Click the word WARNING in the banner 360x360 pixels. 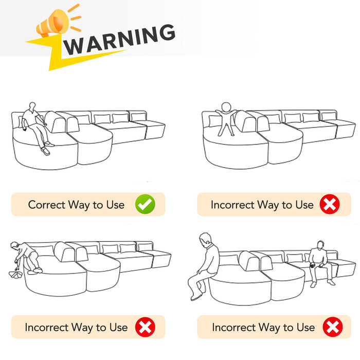pyautogui.click(x=119, y=40)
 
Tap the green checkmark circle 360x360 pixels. pyautogui.click(x=145, y=204)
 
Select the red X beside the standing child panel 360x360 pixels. pyautogui.click(x=330, y=204)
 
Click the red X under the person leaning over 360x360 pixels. pyautogui.click(x=145, y=327)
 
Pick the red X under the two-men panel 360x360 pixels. pyautogui.click(x=333, y=327)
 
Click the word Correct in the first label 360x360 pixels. pyautogui.click(x=47, y=205)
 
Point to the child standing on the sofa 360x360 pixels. pyautogui.click(x=226, y=119)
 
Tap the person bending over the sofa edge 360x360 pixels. pyautogui.click(x=26, y=258)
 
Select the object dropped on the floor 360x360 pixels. pyautogui.click(x=15, y=274)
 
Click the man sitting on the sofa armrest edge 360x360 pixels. pyautogui.click(x=204, y=266)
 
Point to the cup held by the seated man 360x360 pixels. pyautogui.click(x=313, y=266)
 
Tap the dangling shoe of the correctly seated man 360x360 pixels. pyautogui.click(x=45, y=151)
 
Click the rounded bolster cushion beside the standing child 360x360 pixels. pyautogui.click(x=246, y=121)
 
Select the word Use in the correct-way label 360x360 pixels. pyautogui.click(x=115, y=205)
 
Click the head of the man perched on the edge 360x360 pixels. pyautogui.click(x=206, y=239)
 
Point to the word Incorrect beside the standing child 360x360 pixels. pyautogui.click(x=232, y=205)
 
